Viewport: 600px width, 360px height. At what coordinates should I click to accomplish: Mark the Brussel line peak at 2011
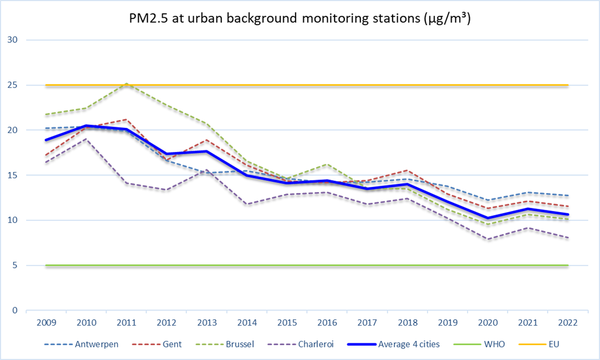click(126, 84)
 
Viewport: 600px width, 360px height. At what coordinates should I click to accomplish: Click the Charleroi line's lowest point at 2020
click(488, 239)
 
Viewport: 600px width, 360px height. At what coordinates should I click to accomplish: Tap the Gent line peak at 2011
click(126, 119)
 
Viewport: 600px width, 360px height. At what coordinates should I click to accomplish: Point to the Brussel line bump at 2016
click(327, 165)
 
